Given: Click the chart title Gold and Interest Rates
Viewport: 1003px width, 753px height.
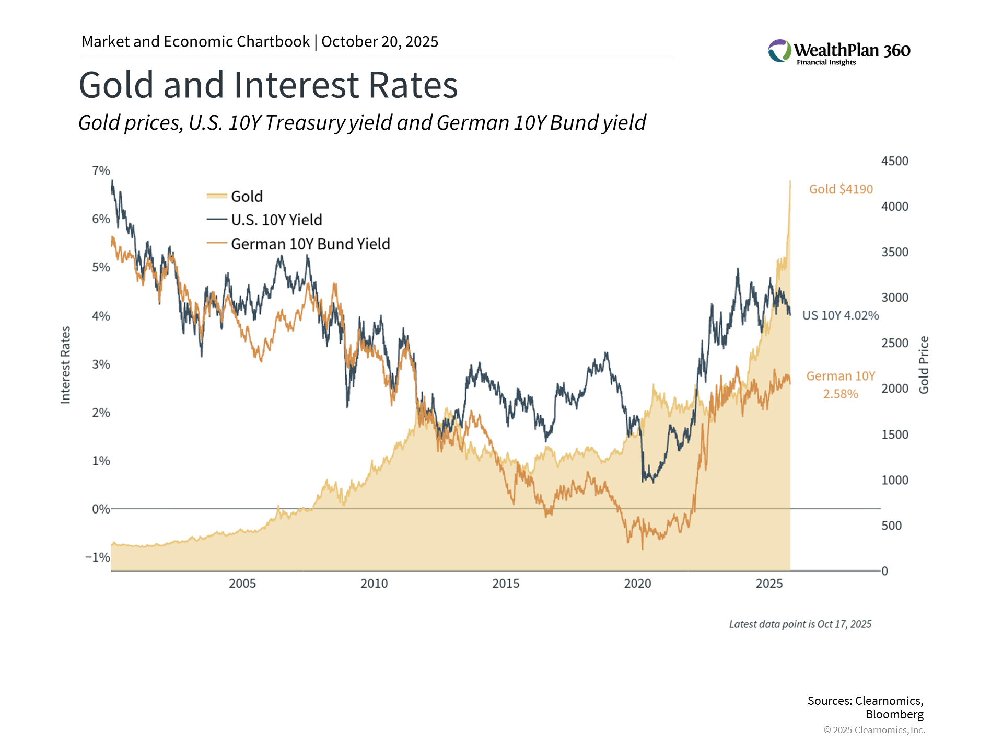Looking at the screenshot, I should (268, 85).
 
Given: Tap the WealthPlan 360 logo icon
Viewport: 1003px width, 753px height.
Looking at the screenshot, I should (779, 51).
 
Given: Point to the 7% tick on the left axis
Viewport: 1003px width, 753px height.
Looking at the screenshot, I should (101, 171).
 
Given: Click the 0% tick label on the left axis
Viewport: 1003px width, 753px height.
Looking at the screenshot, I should (100, 509).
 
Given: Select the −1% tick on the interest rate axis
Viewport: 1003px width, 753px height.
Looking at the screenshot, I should (98, 557).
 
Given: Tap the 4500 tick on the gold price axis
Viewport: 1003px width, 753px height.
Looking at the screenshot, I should (894, 161).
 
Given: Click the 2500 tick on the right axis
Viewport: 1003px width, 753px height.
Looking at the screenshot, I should (894, 344).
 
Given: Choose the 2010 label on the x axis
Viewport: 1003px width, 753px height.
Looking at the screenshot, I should (374, 584).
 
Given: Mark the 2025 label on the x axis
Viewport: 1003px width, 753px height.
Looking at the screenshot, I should (769, 584).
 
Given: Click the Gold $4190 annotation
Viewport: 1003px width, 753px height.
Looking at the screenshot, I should (841, 189).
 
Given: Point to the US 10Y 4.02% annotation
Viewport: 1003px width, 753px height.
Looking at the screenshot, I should (840, 316).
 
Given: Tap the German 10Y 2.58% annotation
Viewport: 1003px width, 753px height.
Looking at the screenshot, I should (841, 385).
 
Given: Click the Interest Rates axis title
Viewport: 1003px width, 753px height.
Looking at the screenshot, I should (66, 365).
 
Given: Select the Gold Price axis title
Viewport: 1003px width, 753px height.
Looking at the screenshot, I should (924, 365).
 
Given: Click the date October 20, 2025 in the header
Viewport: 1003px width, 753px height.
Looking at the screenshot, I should (380, 42).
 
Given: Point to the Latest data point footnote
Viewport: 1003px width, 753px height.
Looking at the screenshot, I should (800, 624).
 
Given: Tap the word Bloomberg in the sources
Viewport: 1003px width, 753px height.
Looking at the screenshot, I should (894, 715).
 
